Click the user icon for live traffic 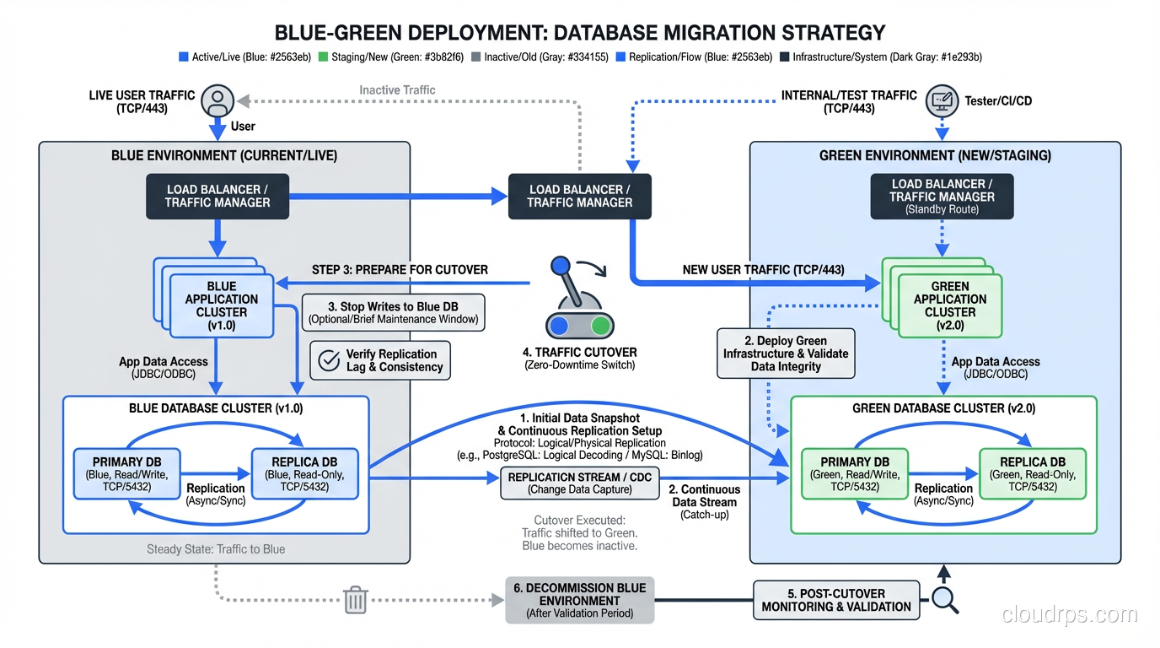217,100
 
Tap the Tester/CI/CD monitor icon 942,101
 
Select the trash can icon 356,601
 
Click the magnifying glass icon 944,601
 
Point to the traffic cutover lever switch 577,304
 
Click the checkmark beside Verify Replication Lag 326,360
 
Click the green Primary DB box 856,474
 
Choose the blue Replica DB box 304,474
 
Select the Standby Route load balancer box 942,197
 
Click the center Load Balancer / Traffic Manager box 579,197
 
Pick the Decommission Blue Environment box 579,600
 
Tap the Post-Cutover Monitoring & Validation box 835,600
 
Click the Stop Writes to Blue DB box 393,312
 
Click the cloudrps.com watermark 1069,614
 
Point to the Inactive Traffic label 397,89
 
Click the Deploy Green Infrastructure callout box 785,354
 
